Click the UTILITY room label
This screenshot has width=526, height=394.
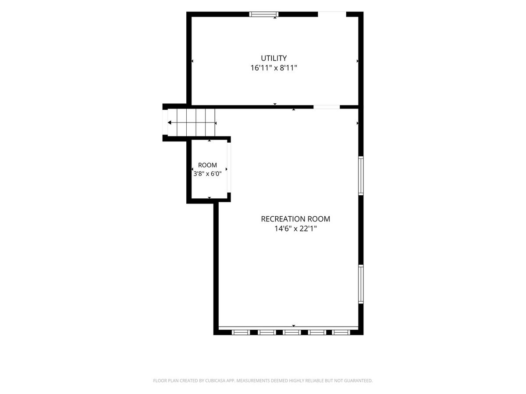(x=274, y=58)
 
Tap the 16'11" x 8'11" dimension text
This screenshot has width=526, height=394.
(x=274, y=68)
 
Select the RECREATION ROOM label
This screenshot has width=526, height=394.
(x=295, y=219)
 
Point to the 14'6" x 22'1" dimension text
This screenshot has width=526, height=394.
(x=295, y=229)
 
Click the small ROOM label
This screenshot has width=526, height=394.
(x=207, y=165)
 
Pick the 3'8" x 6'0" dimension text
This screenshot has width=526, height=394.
(x=207, y=174)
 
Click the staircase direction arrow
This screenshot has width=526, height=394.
(x=192, y=123)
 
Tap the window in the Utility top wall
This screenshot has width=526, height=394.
(x=264, y=14)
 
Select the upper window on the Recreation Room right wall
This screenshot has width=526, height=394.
(x=361, y=176)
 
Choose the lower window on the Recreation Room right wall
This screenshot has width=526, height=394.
(x=361, y=284)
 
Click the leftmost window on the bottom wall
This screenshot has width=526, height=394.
(x=241, y=332)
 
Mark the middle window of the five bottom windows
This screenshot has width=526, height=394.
(x=291, y=332)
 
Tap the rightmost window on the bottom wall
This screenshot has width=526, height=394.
(x=341, y=332)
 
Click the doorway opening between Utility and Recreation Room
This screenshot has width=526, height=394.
(x=327, y=107)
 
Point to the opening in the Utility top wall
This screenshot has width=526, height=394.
(x=332, y=14)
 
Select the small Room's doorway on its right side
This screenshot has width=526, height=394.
(x=229, y=167)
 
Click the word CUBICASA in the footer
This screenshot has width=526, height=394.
(x=215, y=380)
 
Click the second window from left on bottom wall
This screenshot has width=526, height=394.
(x=267, y=332)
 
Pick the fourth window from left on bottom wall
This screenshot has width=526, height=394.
(x=317, y=332)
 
